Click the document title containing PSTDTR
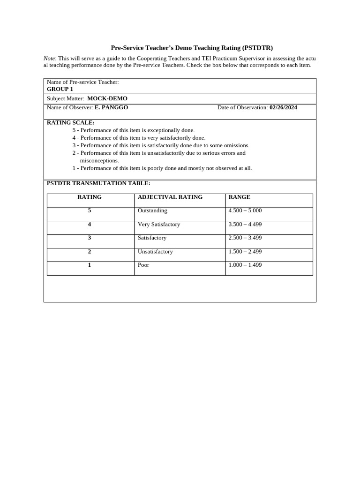(x=191, y=48)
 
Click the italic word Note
(x=49, y=58)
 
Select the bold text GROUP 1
(x=60, y=89)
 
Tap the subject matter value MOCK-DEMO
(x=107, y=98)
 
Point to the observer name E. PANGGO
(x=111, y=107)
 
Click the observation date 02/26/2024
(x=283, y=107)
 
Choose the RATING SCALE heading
(x=71, y=123)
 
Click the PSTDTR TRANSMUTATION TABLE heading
(x=98, y=183)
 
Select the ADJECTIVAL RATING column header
(x=170, y=197)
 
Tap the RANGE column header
(x=239, y=197)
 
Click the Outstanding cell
(x=152, y=210)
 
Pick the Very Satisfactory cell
(x=159, y=224)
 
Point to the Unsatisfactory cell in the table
(x=155, y=251)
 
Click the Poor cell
(x=143, y=265)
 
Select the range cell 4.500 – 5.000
(x=245, y=210)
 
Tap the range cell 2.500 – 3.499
(x=245, y=238)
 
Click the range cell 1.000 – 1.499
(x=245, y=265)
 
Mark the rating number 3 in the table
(x=90, y=238)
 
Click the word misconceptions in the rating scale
(x=99, y=160)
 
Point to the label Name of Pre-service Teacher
(x=83, y=82)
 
